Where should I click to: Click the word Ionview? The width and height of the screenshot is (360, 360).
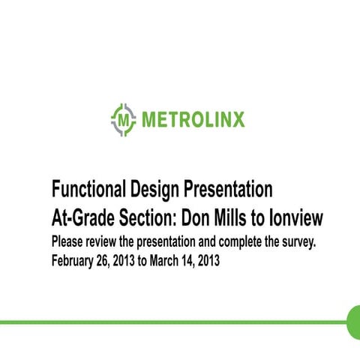298,217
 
